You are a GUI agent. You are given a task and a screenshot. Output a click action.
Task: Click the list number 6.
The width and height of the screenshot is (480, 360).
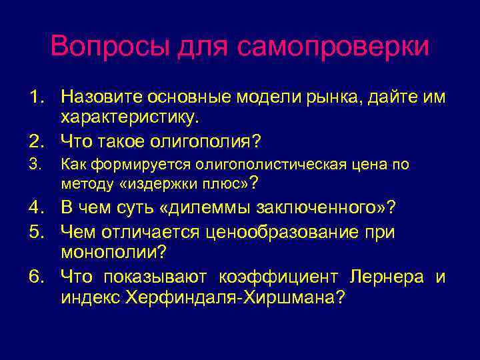37,277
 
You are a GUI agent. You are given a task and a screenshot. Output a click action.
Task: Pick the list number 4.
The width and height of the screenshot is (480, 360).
37,207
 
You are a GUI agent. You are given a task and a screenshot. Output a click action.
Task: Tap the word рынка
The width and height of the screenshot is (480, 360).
333,97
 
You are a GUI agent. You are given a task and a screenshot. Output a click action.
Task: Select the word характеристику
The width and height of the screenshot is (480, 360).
130,119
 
